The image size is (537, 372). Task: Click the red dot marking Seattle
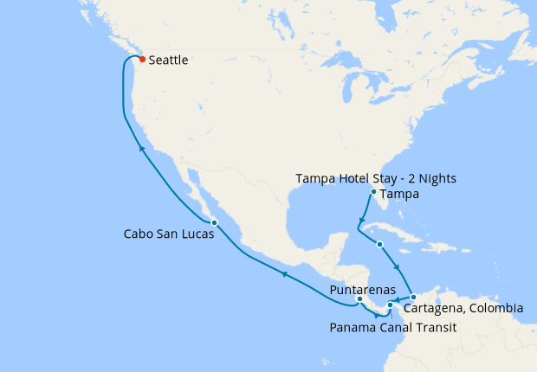142,60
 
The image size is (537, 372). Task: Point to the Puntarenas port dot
359,299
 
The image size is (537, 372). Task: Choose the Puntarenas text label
363,289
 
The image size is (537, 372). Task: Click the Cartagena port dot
413,298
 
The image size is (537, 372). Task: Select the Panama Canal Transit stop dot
390,305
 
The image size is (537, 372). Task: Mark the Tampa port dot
373,192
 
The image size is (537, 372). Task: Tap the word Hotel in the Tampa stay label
351,178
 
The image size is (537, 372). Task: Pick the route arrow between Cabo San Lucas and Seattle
140,150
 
